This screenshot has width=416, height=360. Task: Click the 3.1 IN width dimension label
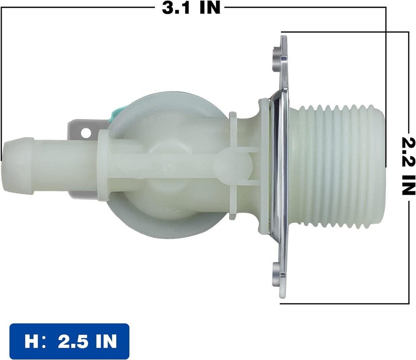coord(191,8)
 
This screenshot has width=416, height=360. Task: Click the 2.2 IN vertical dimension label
coord(407,166)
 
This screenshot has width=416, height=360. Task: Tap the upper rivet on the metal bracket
coord(275,55)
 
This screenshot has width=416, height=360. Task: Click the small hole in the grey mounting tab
coord(85,132)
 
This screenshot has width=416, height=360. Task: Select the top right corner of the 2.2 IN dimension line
coord(408,32)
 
